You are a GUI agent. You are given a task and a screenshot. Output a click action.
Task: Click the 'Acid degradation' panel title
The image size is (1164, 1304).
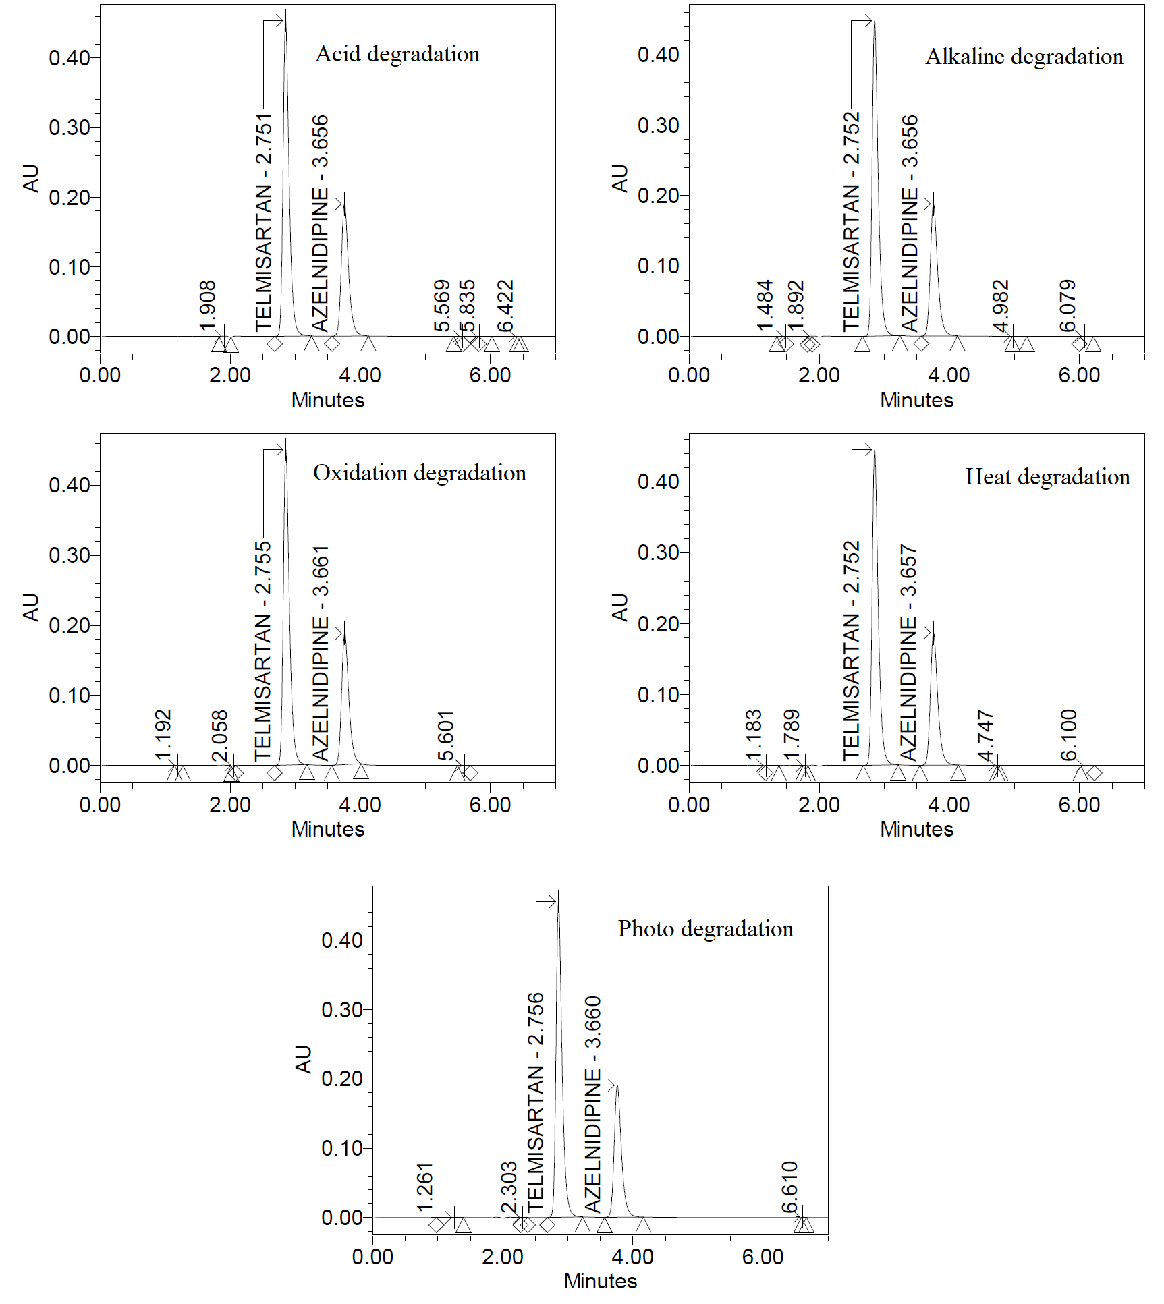(397, 54)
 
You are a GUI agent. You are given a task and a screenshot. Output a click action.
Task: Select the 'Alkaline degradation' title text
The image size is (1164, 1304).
(1024, 57)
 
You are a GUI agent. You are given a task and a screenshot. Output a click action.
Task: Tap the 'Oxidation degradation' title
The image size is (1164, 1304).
(419, 473)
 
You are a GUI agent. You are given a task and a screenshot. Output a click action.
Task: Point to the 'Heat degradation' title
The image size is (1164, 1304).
(1047, 477)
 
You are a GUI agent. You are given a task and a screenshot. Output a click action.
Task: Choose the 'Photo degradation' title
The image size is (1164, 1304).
(705, 929)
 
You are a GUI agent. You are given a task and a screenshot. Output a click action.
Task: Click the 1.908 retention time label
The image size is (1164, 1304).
(208, 306)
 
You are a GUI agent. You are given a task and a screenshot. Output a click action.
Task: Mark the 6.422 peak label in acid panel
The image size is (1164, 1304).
(505, 306)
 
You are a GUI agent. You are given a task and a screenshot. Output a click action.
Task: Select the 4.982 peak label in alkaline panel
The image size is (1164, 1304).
(1001, 306)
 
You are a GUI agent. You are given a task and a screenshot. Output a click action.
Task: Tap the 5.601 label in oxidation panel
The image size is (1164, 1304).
(445, 735)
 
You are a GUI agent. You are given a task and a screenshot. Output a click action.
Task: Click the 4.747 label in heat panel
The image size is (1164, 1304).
(986, 735)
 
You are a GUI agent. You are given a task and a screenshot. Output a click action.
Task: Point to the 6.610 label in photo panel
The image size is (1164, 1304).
(789, 1187)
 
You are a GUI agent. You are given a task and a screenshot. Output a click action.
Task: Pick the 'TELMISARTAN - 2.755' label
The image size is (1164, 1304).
(262, 651)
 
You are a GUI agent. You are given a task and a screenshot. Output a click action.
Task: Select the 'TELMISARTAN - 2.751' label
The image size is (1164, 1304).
(263, 223)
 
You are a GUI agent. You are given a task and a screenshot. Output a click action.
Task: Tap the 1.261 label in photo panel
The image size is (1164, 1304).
(424, 1187)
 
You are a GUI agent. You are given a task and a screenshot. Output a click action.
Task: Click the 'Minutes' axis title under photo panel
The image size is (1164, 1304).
(600, 1280)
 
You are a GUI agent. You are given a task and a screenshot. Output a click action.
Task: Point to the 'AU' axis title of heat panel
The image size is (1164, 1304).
(619, 607)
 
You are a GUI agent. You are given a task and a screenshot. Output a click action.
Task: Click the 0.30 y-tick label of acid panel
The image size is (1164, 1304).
(69, 127)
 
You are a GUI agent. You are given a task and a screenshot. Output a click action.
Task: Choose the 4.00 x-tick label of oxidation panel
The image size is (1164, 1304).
(360, 804)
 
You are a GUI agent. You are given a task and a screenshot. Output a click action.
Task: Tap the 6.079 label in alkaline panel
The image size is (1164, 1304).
(1067, 306)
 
